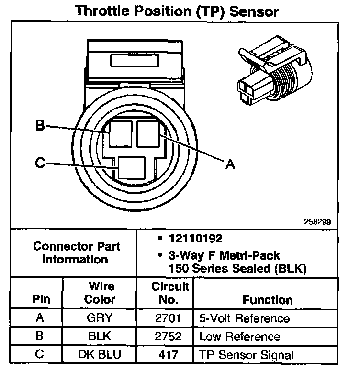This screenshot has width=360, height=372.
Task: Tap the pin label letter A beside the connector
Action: (x=230, y=164)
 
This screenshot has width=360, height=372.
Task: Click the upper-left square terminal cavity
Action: (x=121, y=133)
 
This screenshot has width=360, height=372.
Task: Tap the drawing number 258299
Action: (x=317, y=222)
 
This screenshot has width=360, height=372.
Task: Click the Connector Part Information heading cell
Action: (x=77, y=253)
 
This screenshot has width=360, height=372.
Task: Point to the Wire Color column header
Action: (x=100, y=293)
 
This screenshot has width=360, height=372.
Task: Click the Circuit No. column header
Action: (x=170, y=293)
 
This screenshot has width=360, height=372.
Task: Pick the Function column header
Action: (x=268, y=300)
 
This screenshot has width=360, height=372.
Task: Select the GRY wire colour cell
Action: (x=100, y=318)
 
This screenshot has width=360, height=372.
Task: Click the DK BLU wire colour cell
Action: (x=100, y=355)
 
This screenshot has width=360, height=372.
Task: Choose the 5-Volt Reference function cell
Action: (x=244, y=318)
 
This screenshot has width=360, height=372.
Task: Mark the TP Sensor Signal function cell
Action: (x=246, y=355)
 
